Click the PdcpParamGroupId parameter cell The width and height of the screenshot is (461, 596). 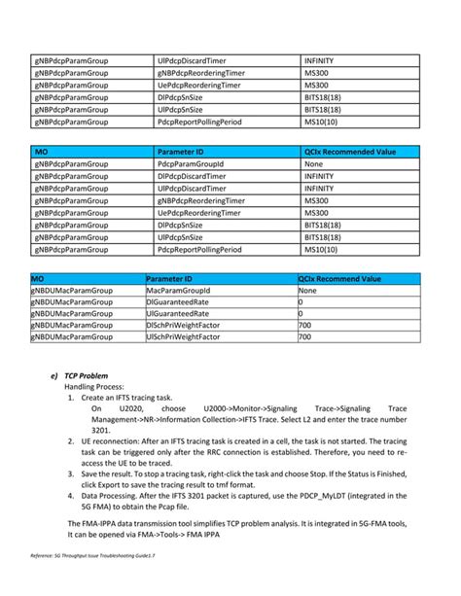191,164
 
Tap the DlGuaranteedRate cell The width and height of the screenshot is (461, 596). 176,301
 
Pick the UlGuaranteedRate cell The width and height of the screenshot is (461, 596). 176,313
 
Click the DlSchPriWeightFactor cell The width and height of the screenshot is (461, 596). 184,325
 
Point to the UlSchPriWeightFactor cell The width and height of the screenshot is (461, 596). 184,336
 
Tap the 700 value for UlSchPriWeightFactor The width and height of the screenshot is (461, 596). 304,336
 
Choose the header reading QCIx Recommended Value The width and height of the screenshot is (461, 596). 350,152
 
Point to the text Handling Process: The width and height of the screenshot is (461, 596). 93,387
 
